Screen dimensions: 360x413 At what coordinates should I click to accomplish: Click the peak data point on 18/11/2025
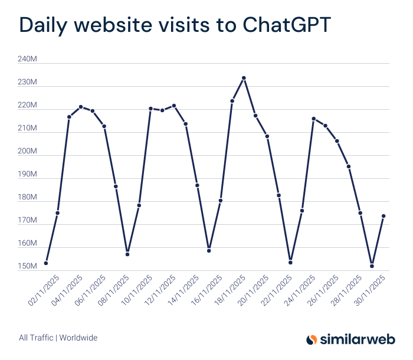[x=244, y=78]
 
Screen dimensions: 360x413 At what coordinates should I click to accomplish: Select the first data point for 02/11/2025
[x=46, y=263]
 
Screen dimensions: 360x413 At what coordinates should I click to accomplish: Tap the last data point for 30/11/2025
[x=383, y=216]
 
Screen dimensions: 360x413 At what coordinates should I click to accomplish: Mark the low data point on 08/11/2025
[x=127, y=254]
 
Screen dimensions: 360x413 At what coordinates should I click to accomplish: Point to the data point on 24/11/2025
[x=313, y=119]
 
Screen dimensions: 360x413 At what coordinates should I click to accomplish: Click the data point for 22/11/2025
[x=290, y=262]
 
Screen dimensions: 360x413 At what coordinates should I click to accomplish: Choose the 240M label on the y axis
[x=28, y=60]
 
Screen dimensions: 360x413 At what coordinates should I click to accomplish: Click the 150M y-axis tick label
[x=28, y=267]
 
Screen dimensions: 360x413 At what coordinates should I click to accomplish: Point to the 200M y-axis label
[x=28, y=152]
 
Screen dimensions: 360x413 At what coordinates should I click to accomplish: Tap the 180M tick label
[x=28, y=198]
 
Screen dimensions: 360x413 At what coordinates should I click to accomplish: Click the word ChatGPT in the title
[x=286, y=25]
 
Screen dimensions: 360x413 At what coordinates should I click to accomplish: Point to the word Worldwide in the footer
[x=78, y=338]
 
